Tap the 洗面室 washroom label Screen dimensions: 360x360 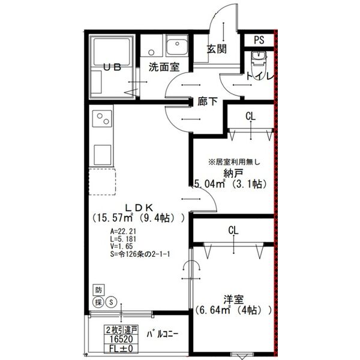[x=164, y=68]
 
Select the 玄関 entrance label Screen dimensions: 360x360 [x=217, y=49]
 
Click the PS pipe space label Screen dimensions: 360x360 [x=259, y=41]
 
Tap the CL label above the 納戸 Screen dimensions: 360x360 [x=250, y=116]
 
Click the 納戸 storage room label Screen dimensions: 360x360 [x=233, y=173]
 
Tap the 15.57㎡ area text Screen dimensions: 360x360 [x=116, y=219]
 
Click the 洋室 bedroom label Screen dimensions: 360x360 [x=233, y=299]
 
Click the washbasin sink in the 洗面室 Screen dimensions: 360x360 [x=178, y=46]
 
